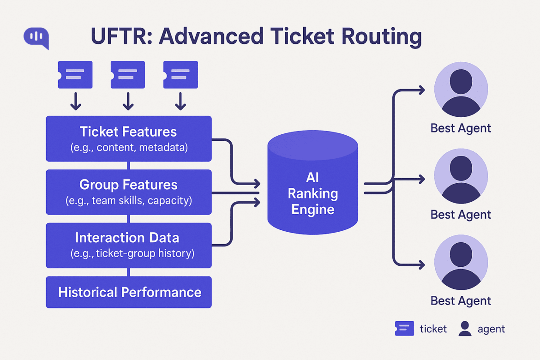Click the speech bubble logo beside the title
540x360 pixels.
pyautogui.click(x=36, y=37)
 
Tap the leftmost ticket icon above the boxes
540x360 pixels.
pyautogui.click(x=75, y=75)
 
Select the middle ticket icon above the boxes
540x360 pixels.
pyautogui.click(x=128, y=75)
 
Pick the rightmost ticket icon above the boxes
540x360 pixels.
pyautogui.click(x=180, y=75)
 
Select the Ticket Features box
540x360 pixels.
pyautogui.click(x=128, y=138)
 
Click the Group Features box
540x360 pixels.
pyautogui.click(x=128, y=192)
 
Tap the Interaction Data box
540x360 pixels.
pyautogui.click(x=128, y=245)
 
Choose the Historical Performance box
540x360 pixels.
pyautogui.click(x=128, y=292)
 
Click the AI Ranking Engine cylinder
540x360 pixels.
pyautogui.click(x=313, y=185)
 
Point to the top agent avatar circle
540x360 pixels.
pyautogui.click(x=461, y=90)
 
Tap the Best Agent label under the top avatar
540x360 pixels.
pyautogui.click(x=461, y=128)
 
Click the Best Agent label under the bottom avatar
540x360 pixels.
pyautogui.click(x=461, y=301)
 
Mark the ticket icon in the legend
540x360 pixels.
pyautogui.click(x=404, y=329)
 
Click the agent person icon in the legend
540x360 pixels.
pyautogui.click(x=465, y=329)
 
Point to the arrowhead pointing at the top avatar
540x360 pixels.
pyautogui.click(x=421, y=90)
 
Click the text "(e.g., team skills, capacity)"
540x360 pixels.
pyautogui.click(x=128, y=201)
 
